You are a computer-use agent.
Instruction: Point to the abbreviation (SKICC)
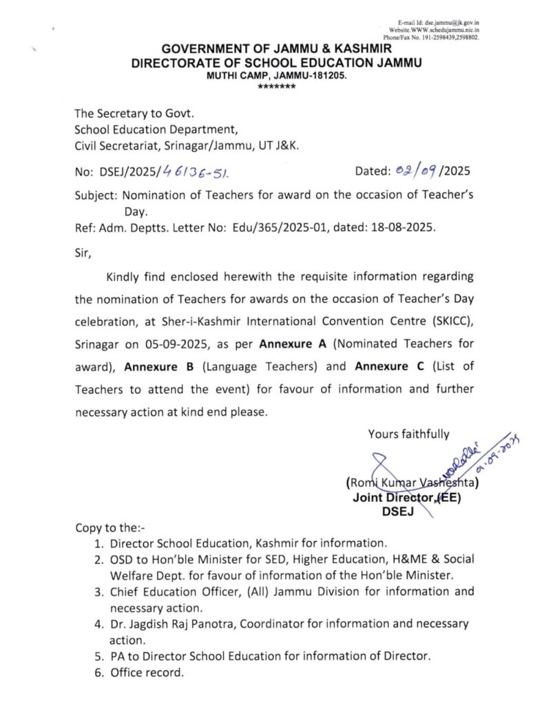click(448, 321)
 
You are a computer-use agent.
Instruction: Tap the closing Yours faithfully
click(409, 434)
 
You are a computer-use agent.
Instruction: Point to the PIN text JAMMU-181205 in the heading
click(313, 76)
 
